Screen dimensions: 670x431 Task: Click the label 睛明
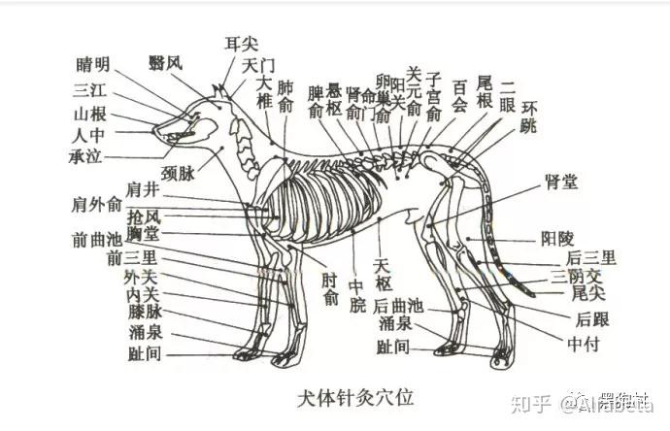(93, 65)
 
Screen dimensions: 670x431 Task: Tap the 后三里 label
(591, 257)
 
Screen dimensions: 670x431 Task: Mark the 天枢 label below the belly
(382, 273)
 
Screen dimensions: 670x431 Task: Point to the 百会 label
(460, 93)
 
